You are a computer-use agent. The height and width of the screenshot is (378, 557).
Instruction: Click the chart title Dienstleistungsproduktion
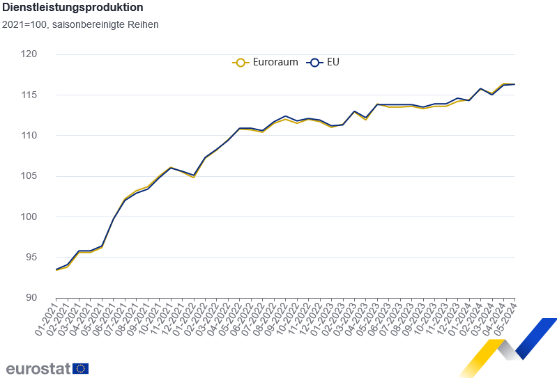(x=73, y=8)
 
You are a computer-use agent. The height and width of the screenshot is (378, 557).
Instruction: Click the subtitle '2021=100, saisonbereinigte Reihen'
(x=80, y=25)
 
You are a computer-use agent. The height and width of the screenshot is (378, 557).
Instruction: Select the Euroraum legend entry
(x=265, y=62)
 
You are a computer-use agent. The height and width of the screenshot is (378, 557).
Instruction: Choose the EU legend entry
(x=324, y=62)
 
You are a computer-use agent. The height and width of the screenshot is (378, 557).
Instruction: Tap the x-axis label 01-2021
(x=47, y=319)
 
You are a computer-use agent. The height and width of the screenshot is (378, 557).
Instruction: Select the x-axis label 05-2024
(x=506, y=319)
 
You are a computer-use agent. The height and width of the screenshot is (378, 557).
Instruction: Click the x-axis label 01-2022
(x=185, y=319)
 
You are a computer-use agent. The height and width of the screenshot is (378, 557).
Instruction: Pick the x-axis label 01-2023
(x=323, y=319)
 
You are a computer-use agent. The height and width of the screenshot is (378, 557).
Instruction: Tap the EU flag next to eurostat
(x=80, y=368)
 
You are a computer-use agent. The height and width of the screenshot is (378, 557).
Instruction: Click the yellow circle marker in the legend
(x=241, y=62)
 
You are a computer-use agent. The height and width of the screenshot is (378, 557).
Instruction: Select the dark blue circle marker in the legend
(x=314, y=62)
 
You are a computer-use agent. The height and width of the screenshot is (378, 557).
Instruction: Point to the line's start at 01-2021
(x=56, y=269)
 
